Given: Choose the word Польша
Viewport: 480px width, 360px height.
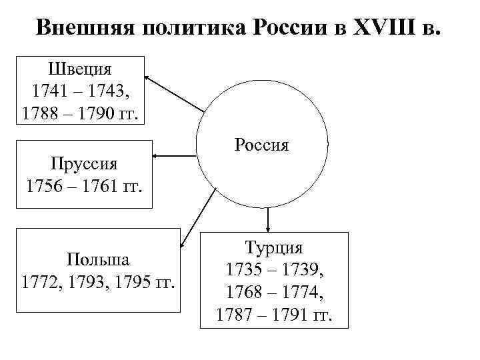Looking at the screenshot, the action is (x=97, y=259).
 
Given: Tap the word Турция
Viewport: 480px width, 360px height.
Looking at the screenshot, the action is (x=274, y=248).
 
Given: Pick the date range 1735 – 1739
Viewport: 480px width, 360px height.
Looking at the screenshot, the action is (x=274, y=270).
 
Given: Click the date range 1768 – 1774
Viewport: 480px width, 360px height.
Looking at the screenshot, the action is (x=274, y=292).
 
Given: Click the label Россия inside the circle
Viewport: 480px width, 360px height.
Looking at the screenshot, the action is (x=261, y=144).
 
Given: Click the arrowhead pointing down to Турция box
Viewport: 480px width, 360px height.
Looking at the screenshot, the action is (x=267, y=227).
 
